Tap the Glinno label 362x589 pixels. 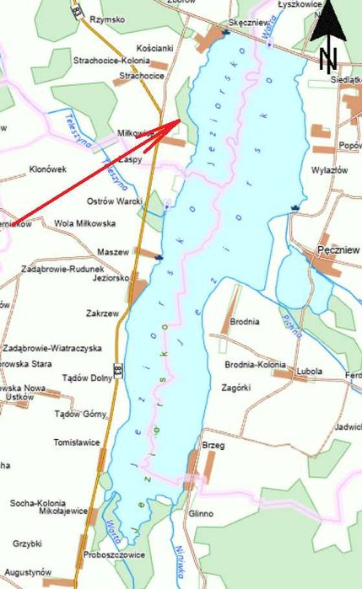point(201,513)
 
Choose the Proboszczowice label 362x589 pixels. point(114,554)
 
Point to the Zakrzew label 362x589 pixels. point(102,313)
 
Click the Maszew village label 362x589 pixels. point(113,252)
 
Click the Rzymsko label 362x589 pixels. point(107,19)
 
